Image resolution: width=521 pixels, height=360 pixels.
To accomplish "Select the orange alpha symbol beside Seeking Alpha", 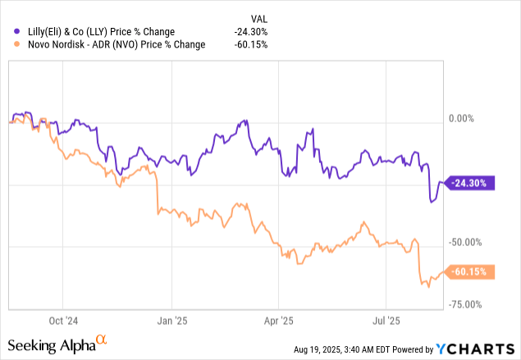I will click(x=102, y=339).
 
